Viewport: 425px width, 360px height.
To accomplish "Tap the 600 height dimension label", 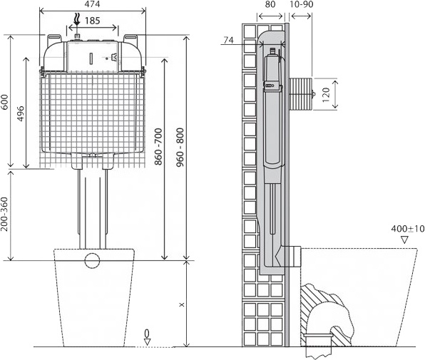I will [x=6, y=103].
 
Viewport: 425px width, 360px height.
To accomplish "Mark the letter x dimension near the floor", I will [x=181, y=304].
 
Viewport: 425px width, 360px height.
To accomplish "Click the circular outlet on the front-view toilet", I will [x=92, y=259].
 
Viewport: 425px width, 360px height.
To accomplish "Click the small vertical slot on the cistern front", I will [x=92, y=57].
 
